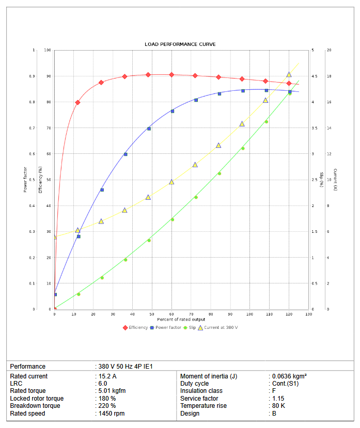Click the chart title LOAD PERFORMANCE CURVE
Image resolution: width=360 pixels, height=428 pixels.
pos(180,44)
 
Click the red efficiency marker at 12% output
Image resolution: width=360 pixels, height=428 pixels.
pos(77,102)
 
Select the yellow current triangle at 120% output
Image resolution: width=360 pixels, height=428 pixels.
pos(289,75)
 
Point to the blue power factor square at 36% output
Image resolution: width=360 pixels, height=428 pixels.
pos(126,154)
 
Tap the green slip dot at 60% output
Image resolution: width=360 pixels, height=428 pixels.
pos(173,219)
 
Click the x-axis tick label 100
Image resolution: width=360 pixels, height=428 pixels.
pos(249,314)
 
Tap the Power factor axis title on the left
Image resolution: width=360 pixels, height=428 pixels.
pos(25,179)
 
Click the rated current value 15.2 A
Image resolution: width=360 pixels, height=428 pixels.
pos(107,376)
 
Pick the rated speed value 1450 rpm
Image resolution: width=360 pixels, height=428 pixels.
pos(111,414)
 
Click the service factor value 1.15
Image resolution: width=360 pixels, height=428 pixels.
pos(278,399)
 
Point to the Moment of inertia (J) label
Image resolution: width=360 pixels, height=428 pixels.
pos(209,376)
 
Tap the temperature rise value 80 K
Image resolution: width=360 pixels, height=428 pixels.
pos(278,406)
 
